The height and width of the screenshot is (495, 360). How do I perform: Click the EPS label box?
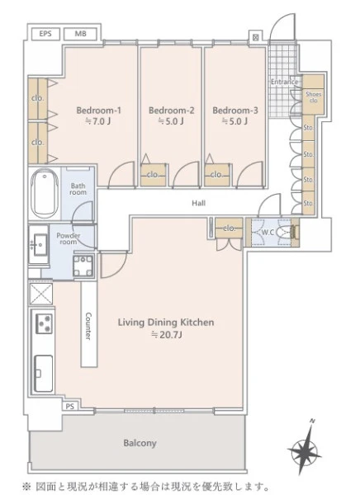(45, 34)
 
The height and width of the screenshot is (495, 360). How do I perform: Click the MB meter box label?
(80, 34)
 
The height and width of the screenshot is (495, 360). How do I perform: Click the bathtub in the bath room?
(45, 194)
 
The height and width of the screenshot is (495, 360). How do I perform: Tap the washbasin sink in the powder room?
(40, 244)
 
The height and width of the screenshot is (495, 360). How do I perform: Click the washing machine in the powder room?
(83, 266)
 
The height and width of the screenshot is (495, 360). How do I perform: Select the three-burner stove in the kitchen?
(44, 323)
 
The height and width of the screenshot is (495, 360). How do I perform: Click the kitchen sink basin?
(43, 374)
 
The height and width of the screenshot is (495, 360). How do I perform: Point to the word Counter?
(89, 327)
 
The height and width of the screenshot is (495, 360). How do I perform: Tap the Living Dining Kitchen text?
(166, 323)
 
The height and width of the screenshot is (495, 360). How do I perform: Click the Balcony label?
(140, 443)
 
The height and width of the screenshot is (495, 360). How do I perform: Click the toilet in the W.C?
(287, 233)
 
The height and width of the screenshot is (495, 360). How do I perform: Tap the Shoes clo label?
(313, 97)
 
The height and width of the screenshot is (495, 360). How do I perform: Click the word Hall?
(198, 203)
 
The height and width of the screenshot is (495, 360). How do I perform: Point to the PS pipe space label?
(70, 407)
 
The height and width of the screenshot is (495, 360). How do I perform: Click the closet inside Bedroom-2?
(154, 175)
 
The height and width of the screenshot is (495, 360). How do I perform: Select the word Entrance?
(285, 82)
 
